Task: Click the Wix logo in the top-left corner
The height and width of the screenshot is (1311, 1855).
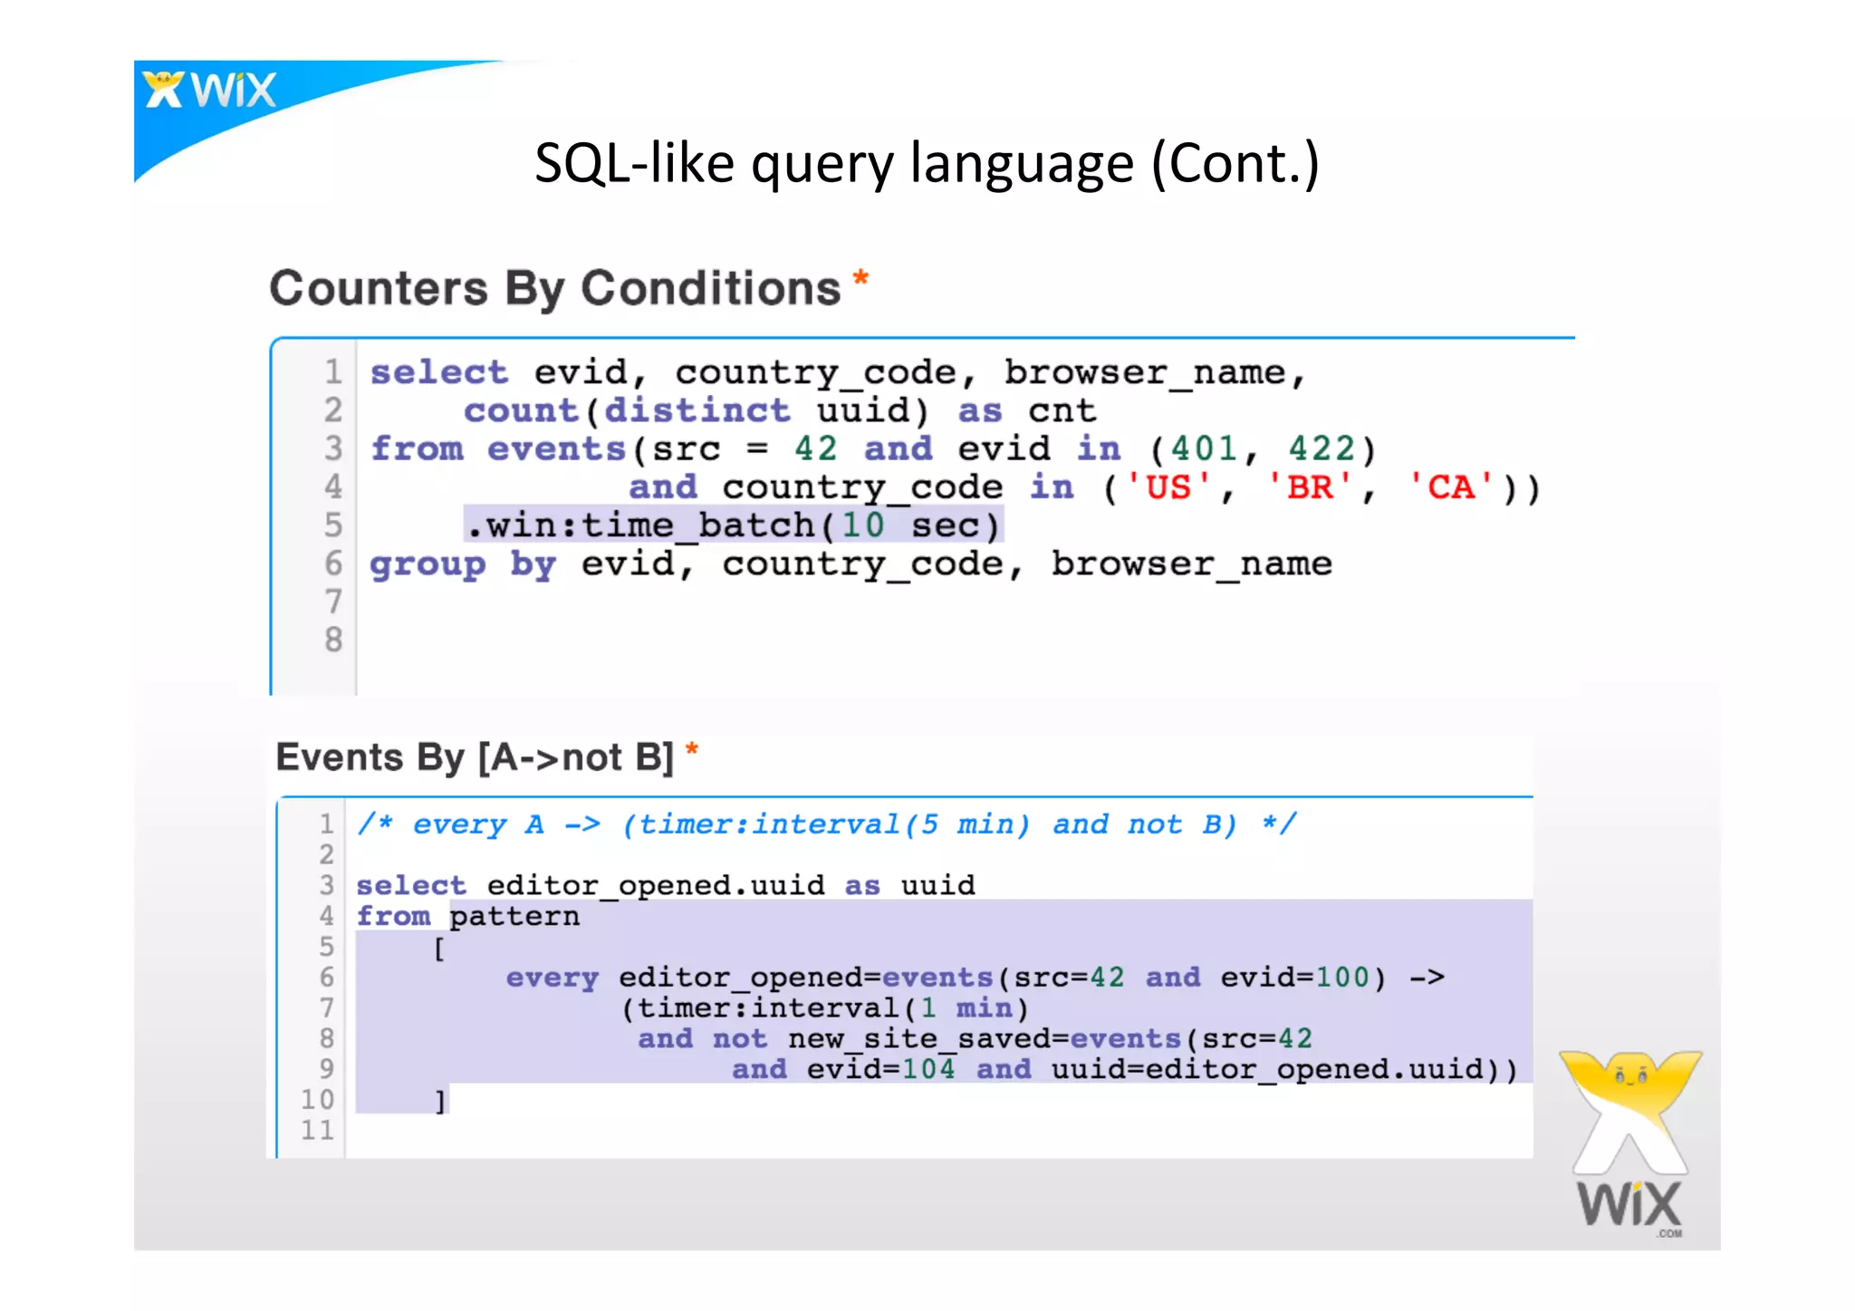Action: click(x=209, y=91)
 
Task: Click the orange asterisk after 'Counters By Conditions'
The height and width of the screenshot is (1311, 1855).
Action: click(x=860, y=279)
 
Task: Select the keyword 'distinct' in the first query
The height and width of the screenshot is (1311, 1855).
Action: click(x=697, y=410)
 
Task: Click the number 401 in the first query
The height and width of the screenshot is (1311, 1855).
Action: click(x=1203, y=449)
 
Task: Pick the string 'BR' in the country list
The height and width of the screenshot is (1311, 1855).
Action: click(x=1310, y=487)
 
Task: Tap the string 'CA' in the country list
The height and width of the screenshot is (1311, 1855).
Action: click(x=1451, y=487)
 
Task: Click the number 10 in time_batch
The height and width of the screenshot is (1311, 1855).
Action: click(x=862, y=525)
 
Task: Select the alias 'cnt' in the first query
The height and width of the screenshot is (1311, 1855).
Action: click(x=1062, y=410)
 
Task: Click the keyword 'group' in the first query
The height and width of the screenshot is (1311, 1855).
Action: click(x=428, y=564)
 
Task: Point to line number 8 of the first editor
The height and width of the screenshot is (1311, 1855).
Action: click(x=333, y=640)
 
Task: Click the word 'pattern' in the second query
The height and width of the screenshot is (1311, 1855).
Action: click(x=514, y=916)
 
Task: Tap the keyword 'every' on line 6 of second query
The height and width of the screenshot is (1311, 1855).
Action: click(x=552, y=978)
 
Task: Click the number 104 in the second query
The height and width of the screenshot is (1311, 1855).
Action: click(x=927, y=1070)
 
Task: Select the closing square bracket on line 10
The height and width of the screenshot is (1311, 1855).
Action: click(x=440, y=1101)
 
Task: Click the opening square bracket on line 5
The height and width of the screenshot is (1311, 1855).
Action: click(x=439, y=949)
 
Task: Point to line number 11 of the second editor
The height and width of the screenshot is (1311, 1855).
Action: click(x=317, y=1130)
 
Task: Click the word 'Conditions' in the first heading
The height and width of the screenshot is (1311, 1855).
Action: click(x=710, y=288)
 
